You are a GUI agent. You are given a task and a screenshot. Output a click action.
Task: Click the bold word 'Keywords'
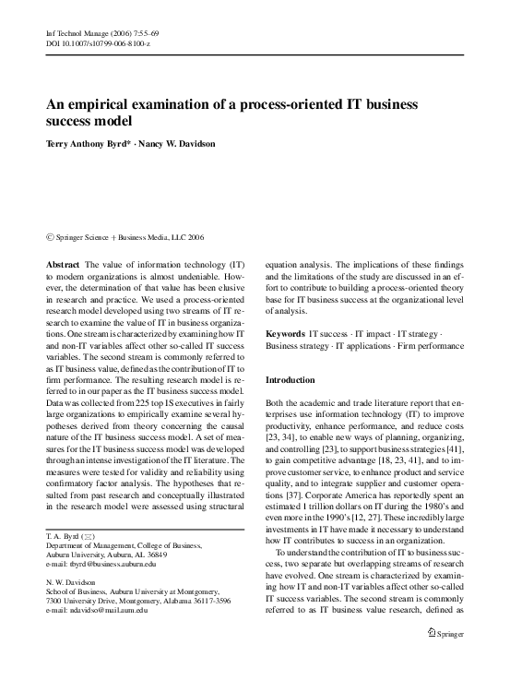tap(285, 330)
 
